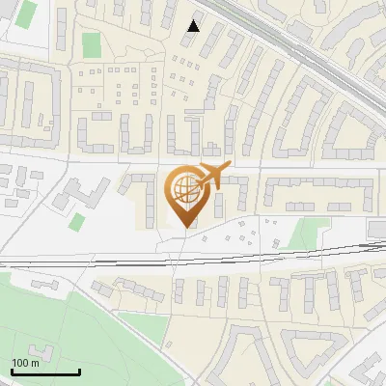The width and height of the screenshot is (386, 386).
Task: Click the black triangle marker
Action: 194,25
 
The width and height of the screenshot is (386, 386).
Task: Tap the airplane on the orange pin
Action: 211,176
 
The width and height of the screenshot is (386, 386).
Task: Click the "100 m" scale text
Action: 25,363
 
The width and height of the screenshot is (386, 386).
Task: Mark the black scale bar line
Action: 45,372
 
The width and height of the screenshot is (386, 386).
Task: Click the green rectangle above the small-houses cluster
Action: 92,44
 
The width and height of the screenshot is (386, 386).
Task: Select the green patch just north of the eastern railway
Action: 307,234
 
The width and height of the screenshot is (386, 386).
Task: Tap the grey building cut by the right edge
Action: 376,227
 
